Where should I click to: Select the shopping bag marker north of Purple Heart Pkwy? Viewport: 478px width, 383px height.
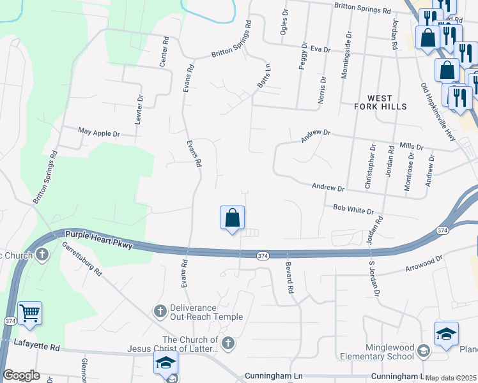pyautogui.click(x=233, y=218)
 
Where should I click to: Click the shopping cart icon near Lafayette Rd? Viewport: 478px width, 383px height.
pyautogui.click(x=29, y=313)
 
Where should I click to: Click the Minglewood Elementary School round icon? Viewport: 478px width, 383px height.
pyautogui.click(x=423, y=349)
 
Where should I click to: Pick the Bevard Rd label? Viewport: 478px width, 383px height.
pyautogui.click(x=289, y=278)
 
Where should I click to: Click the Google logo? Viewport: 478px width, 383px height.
pyautogui.click(x=22, y=375)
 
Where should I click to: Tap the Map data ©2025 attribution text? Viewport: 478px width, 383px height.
pyautogui.click(x=451, y=378)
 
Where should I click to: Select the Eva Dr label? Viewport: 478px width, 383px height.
pyautogui.click(x=320, y=49)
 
